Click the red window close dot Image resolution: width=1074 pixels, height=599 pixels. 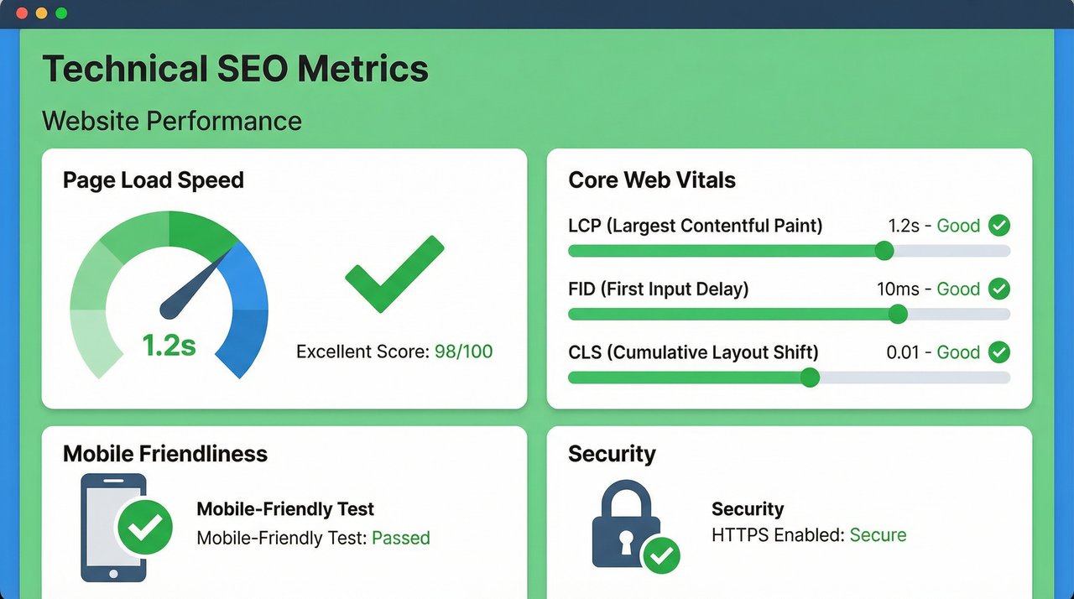pyautogui.click(x=21, y=13)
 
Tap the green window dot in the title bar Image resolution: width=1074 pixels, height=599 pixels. pyautogui.click(x=61, y=13)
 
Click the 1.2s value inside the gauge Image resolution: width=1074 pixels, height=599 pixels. pyautogui.click(x=169, y=345)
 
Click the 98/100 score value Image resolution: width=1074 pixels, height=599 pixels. pyautogui.click(x=463, y=352)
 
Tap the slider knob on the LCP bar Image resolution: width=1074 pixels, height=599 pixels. pyautogui.click(x=884, y=251)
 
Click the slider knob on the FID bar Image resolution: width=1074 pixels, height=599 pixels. pyautogui.click(x=898, y=314)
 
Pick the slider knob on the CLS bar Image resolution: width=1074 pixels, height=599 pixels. pyautogui.click(x=810, y=378)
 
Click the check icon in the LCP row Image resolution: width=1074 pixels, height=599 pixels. pyautogui.click(x=998, y=226)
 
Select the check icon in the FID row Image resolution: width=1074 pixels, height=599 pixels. pyautogui.click(x=998, y=289)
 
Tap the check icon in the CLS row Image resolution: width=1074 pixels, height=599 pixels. pyautogui.click(x=998, y=352)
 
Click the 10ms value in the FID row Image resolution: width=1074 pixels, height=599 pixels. pyautogui.click(x=898, y=289)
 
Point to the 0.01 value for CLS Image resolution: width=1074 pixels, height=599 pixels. pyautogui.click(x=903, y=352)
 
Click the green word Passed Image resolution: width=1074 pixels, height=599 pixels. pyautogui.click(x=400, y=538)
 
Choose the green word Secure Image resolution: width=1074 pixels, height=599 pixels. pyautogui.click(x=878, y=535)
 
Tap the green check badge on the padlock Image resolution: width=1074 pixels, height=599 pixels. pyautogui.click(x=661, y=555)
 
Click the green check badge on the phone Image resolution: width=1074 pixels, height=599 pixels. pyautogui.click(x=144, y=528)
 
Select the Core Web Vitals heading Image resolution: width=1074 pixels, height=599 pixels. pyautogui.click(x=651, y=180)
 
